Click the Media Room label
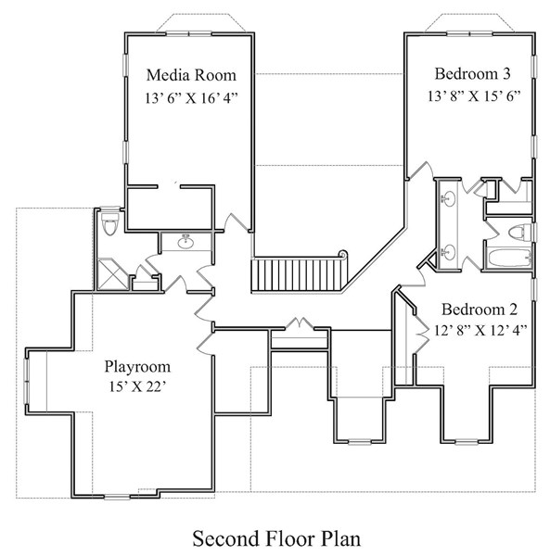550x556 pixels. [191, 75]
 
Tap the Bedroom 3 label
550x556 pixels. [473, 74]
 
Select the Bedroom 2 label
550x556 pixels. [480, 310]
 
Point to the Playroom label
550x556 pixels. [137, 367]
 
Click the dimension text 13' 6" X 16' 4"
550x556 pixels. [191, 98]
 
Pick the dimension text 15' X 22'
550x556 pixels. [137, 386]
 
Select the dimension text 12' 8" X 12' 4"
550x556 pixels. [480, 331]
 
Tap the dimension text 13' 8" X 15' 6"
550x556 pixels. [474, 95]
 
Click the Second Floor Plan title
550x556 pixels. [276, 538]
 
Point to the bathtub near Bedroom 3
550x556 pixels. [509, 258]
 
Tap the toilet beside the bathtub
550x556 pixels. [519, 233]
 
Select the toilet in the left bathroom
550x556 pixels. [109, 223]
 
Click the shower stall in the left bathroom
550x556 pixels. [113, 274]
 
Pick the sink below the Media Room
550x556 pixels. [185, 242]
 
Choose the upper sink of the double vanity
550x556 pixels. [448, 198]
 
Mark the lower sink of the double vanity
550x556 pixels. [448, 252]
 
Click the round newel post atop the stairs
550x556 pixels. [343, 254]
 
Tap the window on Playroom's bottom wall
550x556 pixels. [117, 497]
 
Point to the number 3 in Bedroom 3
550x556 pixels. [506, 74]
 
